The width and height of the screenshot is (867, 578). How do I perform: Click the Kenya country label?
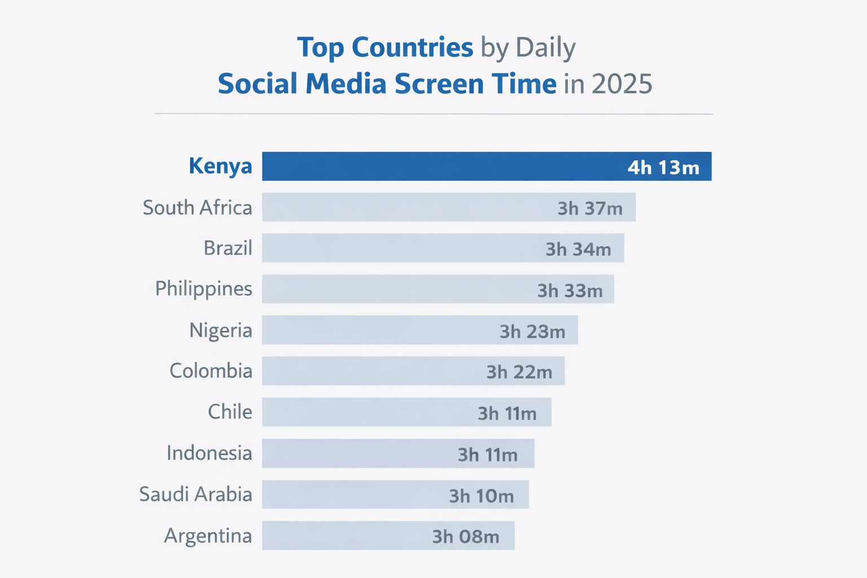pyautogui.click(x=220, y=167)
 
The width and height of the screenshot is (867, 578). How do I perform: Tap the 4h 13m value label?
pyautogui.click(x=663, y=168)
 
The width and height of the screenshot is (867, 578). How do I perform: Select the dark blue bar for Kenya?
pyautogui.click(x=440, y=167)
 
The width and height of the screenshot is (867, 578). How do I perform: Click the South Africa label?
pyautogui.click(x=197, y=208)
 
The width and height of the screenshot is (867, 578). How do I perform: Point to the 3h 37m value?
pyautogui.click(x=590, y=209)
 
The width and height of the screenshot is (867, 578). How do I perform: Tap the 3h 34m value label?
pyautogui.click(x=578, y=249)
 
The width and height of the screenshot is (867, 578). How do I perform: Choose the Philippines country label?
pyautogui.click(x=203, y=289)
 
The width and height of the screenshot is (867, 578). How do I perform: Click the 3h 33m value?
pyautogui.click(x=570, y=291)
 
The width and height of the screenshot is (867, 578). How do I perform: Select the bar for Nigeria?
pyautogui.click(x=378, y=330)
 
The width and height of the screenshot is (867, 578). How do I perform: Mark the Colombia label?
pyautogui.click(x=211, y=371)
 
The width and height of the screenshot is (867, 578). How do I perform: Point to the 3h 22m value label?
pyautogui.click(x=519, y=373)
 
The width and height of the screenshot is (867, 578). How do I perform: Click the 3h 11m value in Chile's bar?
pyautogui.click(x=507, y=414)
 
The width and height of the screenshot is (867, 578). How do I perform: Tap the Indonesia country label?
pyautogui.click(x=209, y=453)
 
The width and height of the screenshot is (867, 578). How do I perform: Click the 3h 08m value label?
pyautogui.click(x=466, y=537)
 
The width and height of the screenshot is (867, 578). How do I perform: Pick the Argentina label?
pyautogui.click(x=208, y=536)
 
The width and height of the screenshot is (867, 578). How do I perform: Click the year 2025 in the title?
pyautogui.click(x=622, y=84)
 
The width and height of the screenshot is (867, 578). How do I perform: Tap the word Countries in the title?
pyautogui.click(x=412, y=47)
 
